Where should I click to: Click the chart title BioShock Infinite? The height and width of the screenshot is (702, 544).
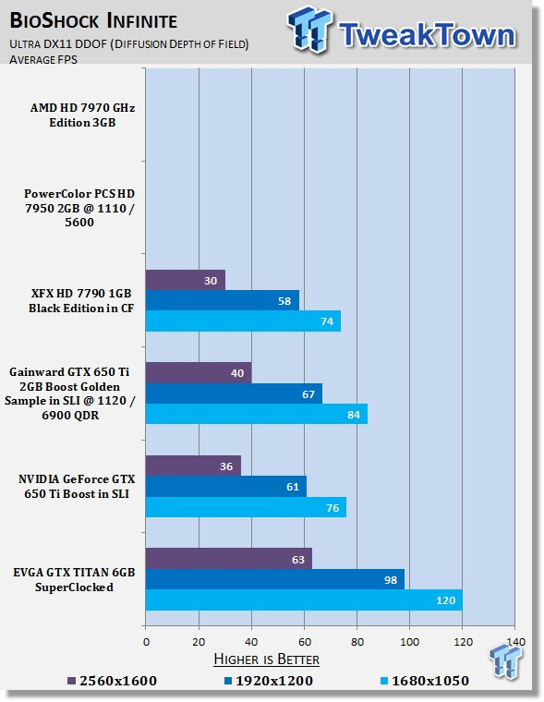pyautogui.click(x=93, y=21)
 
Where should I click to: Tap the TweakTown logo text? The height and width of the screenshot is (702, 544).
pyautogui.click(x=427, y=34)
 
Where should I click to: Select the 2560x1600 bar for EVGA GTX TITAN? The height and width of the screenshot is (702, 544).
pyautogui.click(x=229, y=559)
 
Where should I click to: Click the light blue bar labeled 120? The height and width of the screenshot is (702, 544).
pyautogui.click(x=304, y=599)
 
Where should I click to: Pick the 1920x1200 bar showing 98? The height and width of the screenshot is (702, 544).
pyautogui.click(x=275, y=579)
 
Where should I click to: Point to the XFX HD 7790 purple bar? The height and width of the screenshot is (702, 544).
pyautogui.click(x=186, y=280)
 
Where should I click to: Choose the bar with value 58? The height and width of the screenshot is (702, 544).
pyautogui.click(x=223, y=301)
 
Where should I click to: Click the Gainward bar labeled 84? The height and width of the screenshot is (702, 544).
pyautogui.click(x=257, y=414)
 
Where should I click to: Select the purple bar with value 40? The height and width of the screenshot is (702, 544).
pyautogui.click(x=199, y=373)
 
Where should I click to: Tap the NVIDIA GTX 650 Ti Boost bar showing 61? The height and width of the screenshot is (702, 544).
pyautogui.click(x=226, y=486)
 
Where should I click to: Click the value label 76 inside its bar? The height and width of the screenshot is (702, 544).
pyautogui.click(x=332, y=508)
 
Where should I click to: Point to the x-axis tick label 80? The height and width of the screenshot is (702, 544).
pyautogui.click(x=357, y=642)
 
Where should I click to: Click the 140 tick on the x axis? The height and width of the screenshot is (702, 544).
pyautogui.click(x=515, y=642)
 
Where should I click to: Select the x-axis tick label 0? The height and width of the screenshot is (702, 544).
pyautogui.click(x=147, y=642)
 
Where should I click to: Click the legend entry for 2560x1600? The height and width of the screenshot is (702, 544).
pyautogui.click(x=112, y=681)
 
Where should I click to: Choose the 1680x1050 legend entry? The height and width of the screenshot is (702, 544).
pyautogui.click(x=424, y=681)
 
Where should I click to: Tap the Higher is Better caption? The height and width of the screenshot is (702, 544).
pyautogui.click(x=266, y=659)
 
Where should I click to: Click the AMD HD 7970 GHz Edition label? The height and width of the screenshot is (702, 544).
pyautogui.click(x=82, y=115)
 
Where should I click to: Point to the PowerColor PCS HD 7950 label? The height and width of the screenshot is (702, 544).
pyautogui.click(x=79, y=208)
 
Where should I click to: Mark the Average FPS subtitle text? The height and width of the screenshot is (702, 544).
pyautogui.click(x=43, y=59)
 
